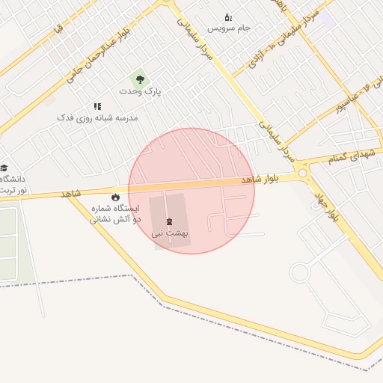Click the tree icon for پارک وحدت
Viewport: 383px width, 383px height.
[140, 79]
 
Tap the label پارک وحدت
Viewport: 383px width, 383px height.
[140, 91]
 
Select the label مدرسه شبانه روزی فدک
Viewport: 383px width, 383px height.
[98, 118]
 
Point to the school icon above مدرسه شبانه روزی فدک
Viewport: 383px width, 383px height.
[97, 106]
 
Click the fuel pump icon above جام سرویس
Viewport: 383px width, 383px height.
[228, 16]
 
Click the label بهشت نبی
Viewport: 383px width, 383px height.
[171, 233]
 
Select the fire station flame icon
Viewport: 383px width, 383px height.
[114, 197]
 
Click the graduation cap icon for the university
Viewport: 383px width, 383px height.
[4, 168]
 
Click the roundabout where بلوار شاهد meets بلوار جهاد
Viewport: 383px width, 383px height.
[303, 174]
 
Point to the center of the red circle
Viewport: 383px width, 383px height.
[191, 191]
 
